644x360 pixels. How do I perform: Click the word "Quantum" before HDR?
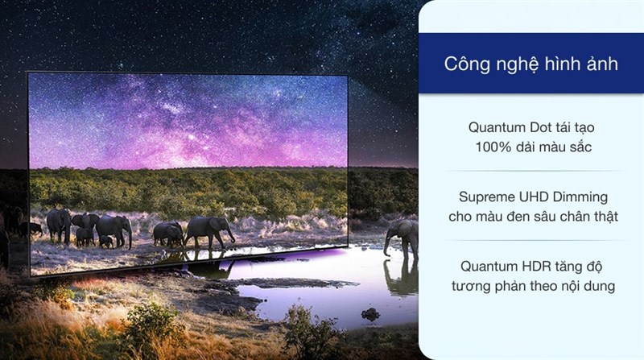tap(489, 267)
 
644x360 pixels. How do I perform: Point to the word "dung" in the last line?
tap(601, 287)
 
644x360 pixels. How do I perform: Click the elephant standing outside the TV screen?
tap(402, 239)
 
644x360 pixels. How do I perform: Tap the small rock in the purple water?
tap(370, 314)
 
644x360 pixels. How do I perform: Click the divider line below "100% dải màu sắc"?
tap(534, 171)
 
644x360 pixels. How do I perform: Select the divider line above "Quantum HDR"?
tap(534, 241)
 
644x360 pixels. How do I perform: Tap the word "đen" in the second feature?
tap(525, 217)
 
